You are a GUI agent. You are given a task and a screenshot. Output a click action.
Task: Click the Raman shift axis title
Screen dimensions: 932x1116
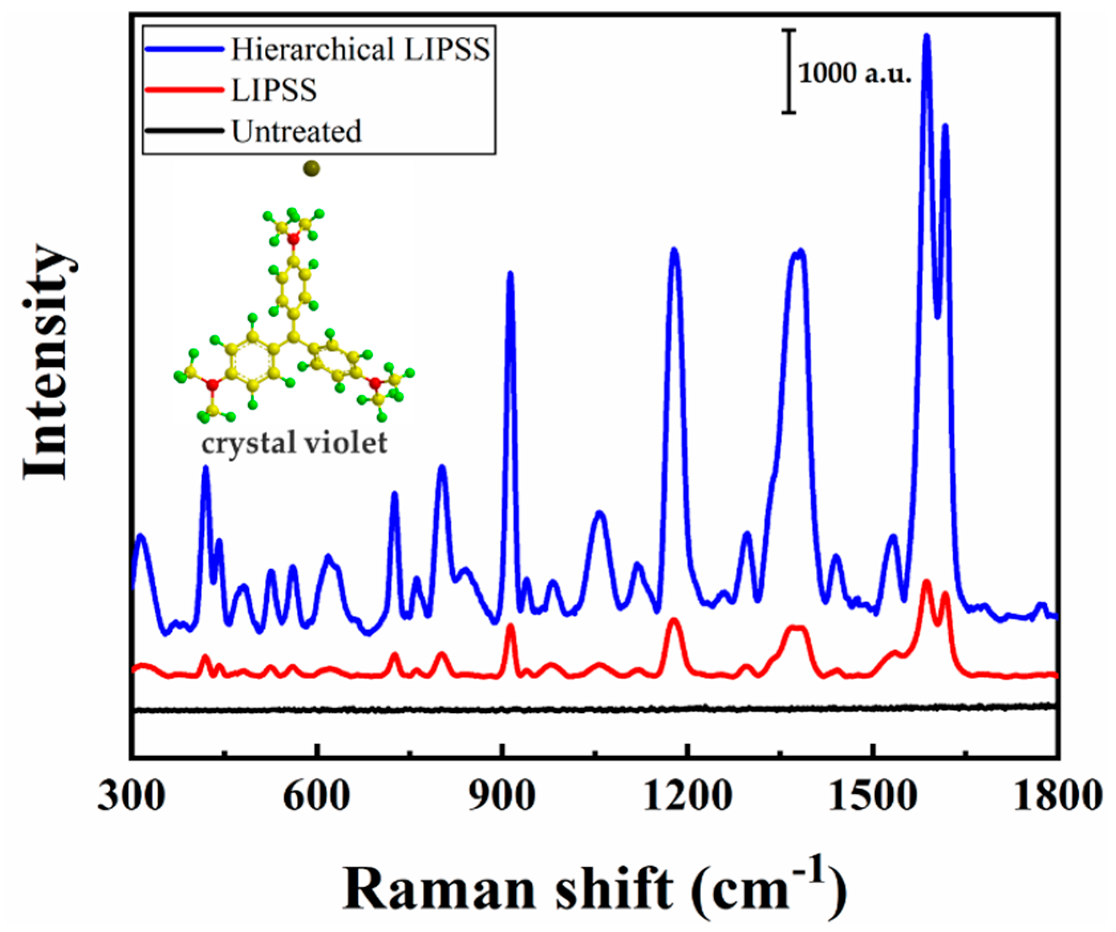pyautogui.click(x=594, y=889)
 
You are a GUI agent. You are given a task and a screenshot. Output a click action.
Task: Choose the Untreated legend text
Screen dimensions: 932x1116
pyautogui.click(x=296, y=131)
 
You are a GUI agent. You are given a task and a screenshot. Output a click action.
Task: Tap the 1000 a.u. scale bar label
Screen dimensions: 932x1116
pyautogui.click(x=854, y=73)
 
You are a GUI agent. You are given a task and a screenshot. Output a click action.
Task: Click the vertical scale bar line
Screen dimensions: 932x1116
pyautogui.click(x=789, y=71)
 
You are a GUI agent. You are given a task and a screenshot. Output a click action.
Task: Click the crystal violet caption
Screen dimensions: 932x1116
pyautogui.click(x=294, y=443)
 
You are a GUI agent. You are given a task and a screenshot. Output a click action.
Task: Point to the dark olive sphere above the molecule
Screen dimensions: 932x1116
pyautogui.click(x=311, y=169)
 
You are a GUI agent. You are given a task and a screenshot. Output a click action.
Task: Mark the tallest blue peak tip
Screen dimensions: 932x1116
pyautogui.click(x=926, y=37)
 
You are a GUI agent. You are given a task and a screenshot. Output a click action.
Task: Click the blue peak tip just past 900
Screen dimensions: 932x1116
pyautogui.click(x=510, y=274)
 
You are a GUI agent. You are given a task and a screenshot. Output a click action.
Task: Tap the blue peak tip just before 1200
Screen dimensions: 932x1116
pyautogui.click(x=674, y=250)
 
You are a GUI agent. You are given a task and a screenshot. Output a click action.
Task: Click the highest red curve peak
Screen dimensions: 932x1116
pyautogui.click(x=926, y=582)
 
